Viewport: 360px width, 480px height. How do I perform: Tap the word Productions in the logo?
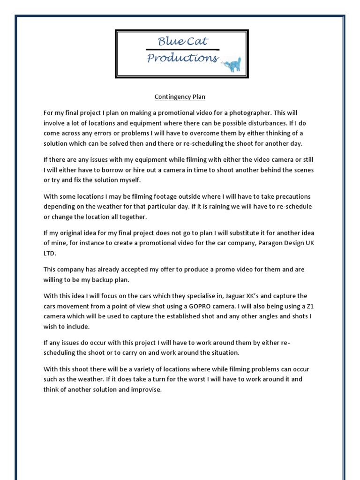pyautogui.click(x=182, y=58)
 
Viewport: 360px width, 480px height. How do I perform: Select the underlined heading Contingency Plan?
pyautogui.click(x=180, y=97)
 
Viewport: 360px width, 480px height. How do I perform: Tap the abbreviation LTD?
pyautogui.click(x=50, y=253)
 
